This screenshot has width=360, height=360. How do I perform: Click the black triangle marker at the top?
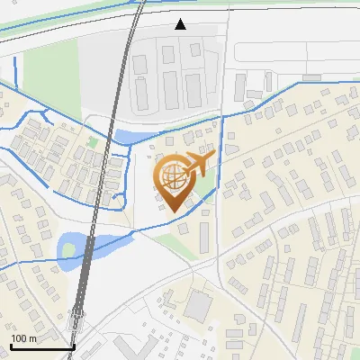(181, 24)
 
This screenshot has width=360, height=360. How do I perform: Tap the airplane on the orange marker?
(197, 165)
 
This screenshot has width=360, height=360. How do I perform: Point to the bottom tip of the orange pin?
(173, 211)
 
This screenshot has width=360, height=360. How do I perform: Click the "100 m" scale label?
(23, 338)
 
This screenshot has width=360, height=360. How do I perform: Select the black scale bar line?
(41, 346)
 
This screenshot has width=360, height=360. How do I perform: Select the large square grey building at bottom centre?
(200, 306)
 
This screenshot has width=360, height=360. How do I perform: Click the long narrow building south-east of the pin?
(204, 236)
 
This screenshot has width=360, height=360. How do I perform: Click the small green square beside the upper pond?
(93, 142)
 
